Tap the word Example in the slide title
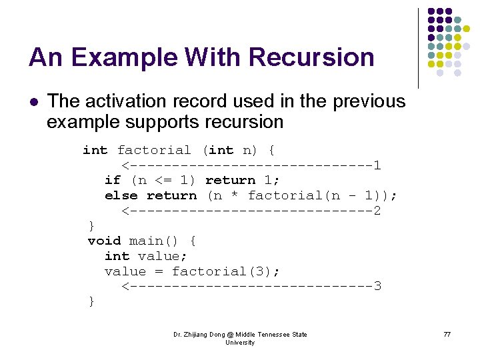(x=113, y=57)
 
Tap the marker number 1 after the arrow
(x=377, y=165)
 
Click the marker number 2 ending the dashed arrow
(x=377, y=211)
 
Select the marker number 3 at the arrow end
(x=377, y=287)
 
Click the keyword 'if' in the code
(x=113, y=180)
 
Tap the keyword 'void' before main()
(x=105, y=241)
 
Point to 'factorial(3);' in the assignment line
(x=226, y=271)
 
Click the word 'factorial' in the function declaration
(x=155, y=150)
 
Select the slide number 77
(x=447, y=334)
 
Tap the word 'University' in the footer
(x=240, y=342)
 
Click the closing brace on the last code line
(x=92, y=302)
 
